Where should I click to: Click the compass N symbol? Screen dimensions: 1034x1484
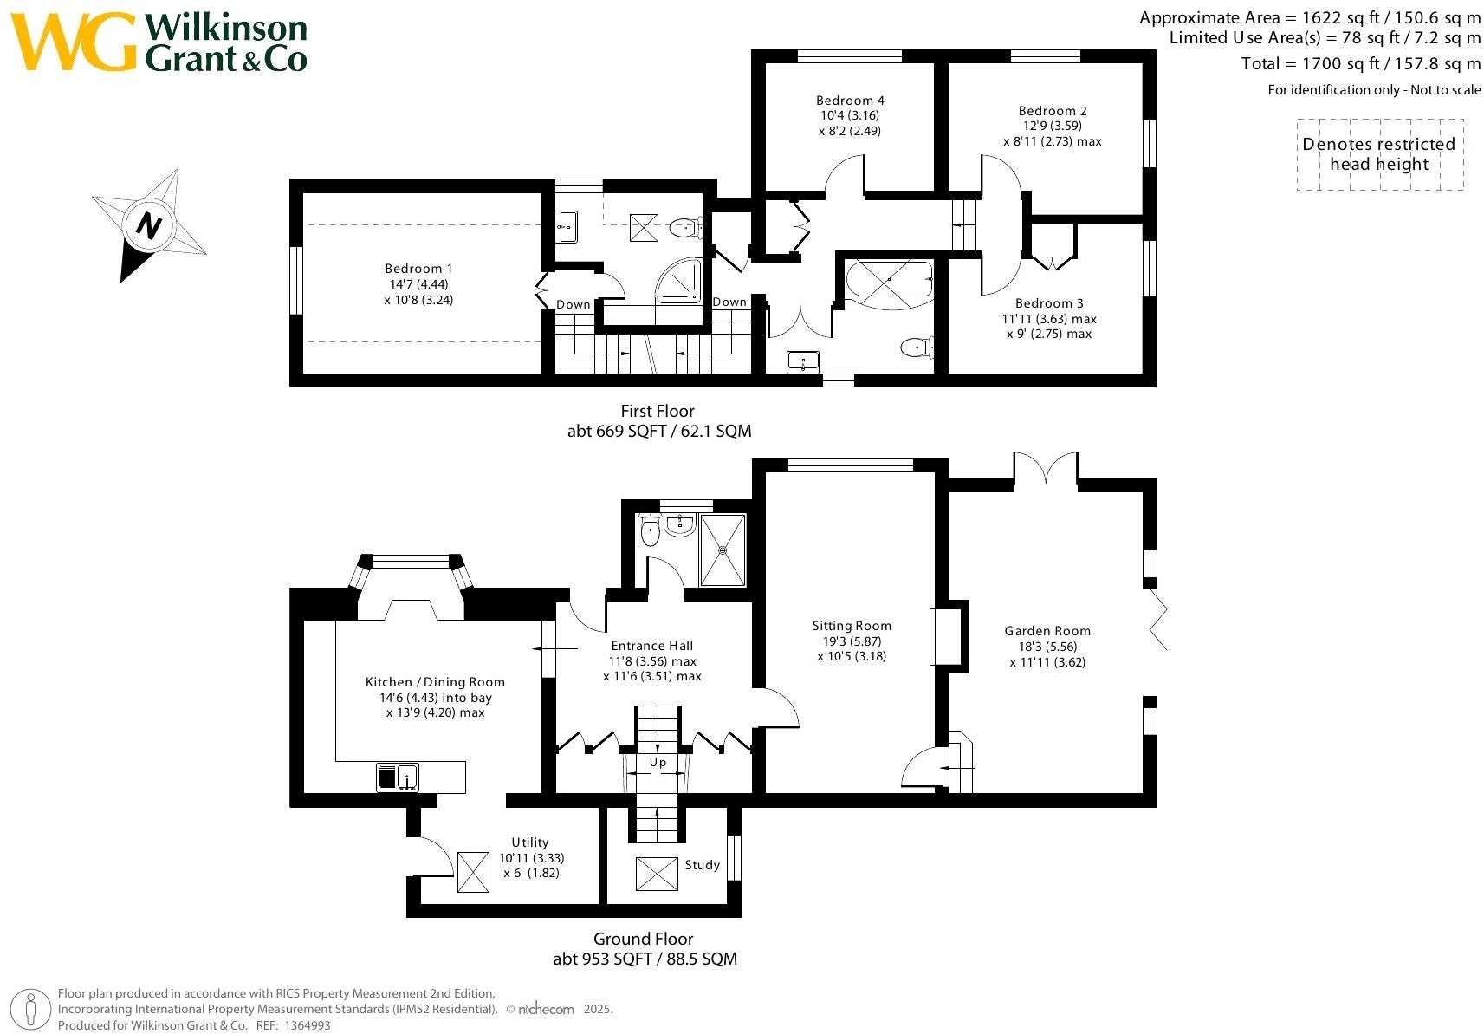[x=149, y=226]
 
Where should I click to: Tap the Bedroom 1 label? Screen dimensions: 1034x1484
[x=418, y=269]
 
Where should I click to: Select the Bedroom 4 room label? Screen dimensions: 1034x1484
[x=850, y=101]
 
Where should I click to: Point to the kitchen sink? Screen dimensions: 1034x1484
[x=398, y=777]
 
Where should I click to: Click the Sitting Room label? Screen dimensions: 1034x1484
[x=851, y=626]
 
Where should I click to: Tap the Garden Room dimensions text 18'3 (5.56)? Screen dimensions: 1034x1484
[x=1047, y=647]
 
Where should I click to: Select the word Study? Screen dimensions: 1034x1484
[x=702, y=865]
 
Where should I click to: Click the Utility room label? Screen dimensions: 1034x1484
[x=529, y=842]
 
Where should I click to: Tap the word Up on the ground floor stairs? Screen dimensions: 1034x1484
[x=658, y=763]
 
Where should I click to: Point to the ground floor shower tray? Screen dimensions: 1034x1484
[x=722, y=550]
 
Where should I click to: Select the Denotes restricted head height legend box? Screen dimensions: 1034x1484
[x=1379, y=154]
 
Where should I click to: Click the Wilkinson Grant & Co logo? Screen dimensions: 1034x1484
[x=160, y=43]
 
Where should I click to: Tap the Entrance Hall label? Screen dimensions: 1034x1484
[x=651, y=646]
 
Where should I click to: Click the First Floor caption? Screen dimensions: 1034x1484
[x=658, y=411]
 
